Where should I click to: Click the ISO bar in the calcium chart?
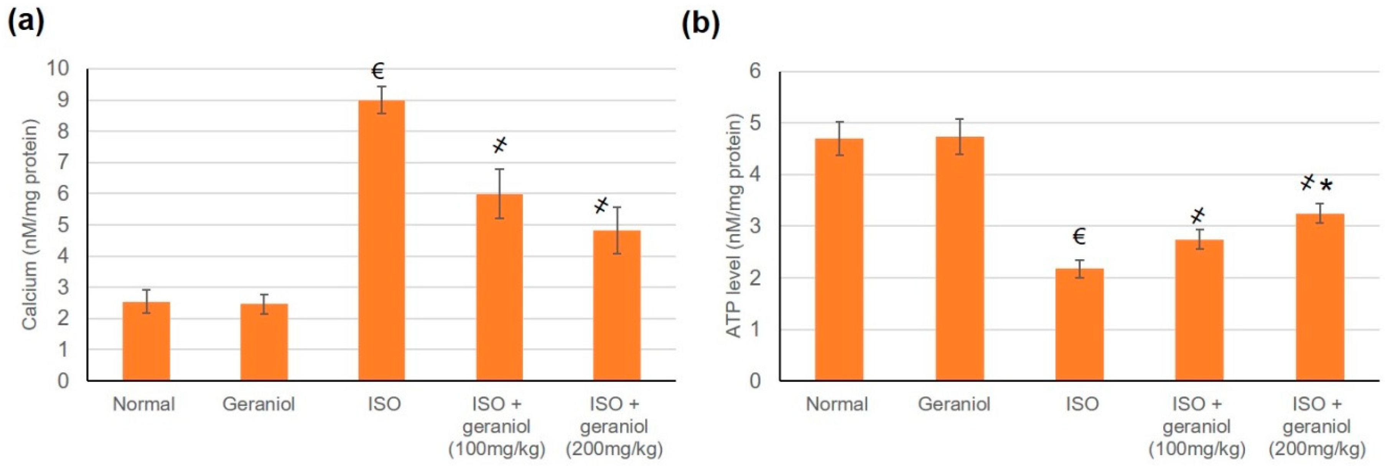point(381,242)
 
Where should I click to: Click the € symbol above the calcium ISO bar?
point(377,71)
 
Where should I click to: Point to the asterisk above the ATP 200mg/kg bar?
point(1326,186)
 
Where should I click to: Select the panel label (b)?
point(700,24)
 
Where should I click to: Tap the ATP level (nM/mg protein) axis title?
point(734,226)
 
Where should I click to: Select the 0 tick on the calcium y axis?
point(63,380)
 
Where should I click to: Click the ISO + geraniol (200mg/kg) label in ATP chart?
point(1316,426)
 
